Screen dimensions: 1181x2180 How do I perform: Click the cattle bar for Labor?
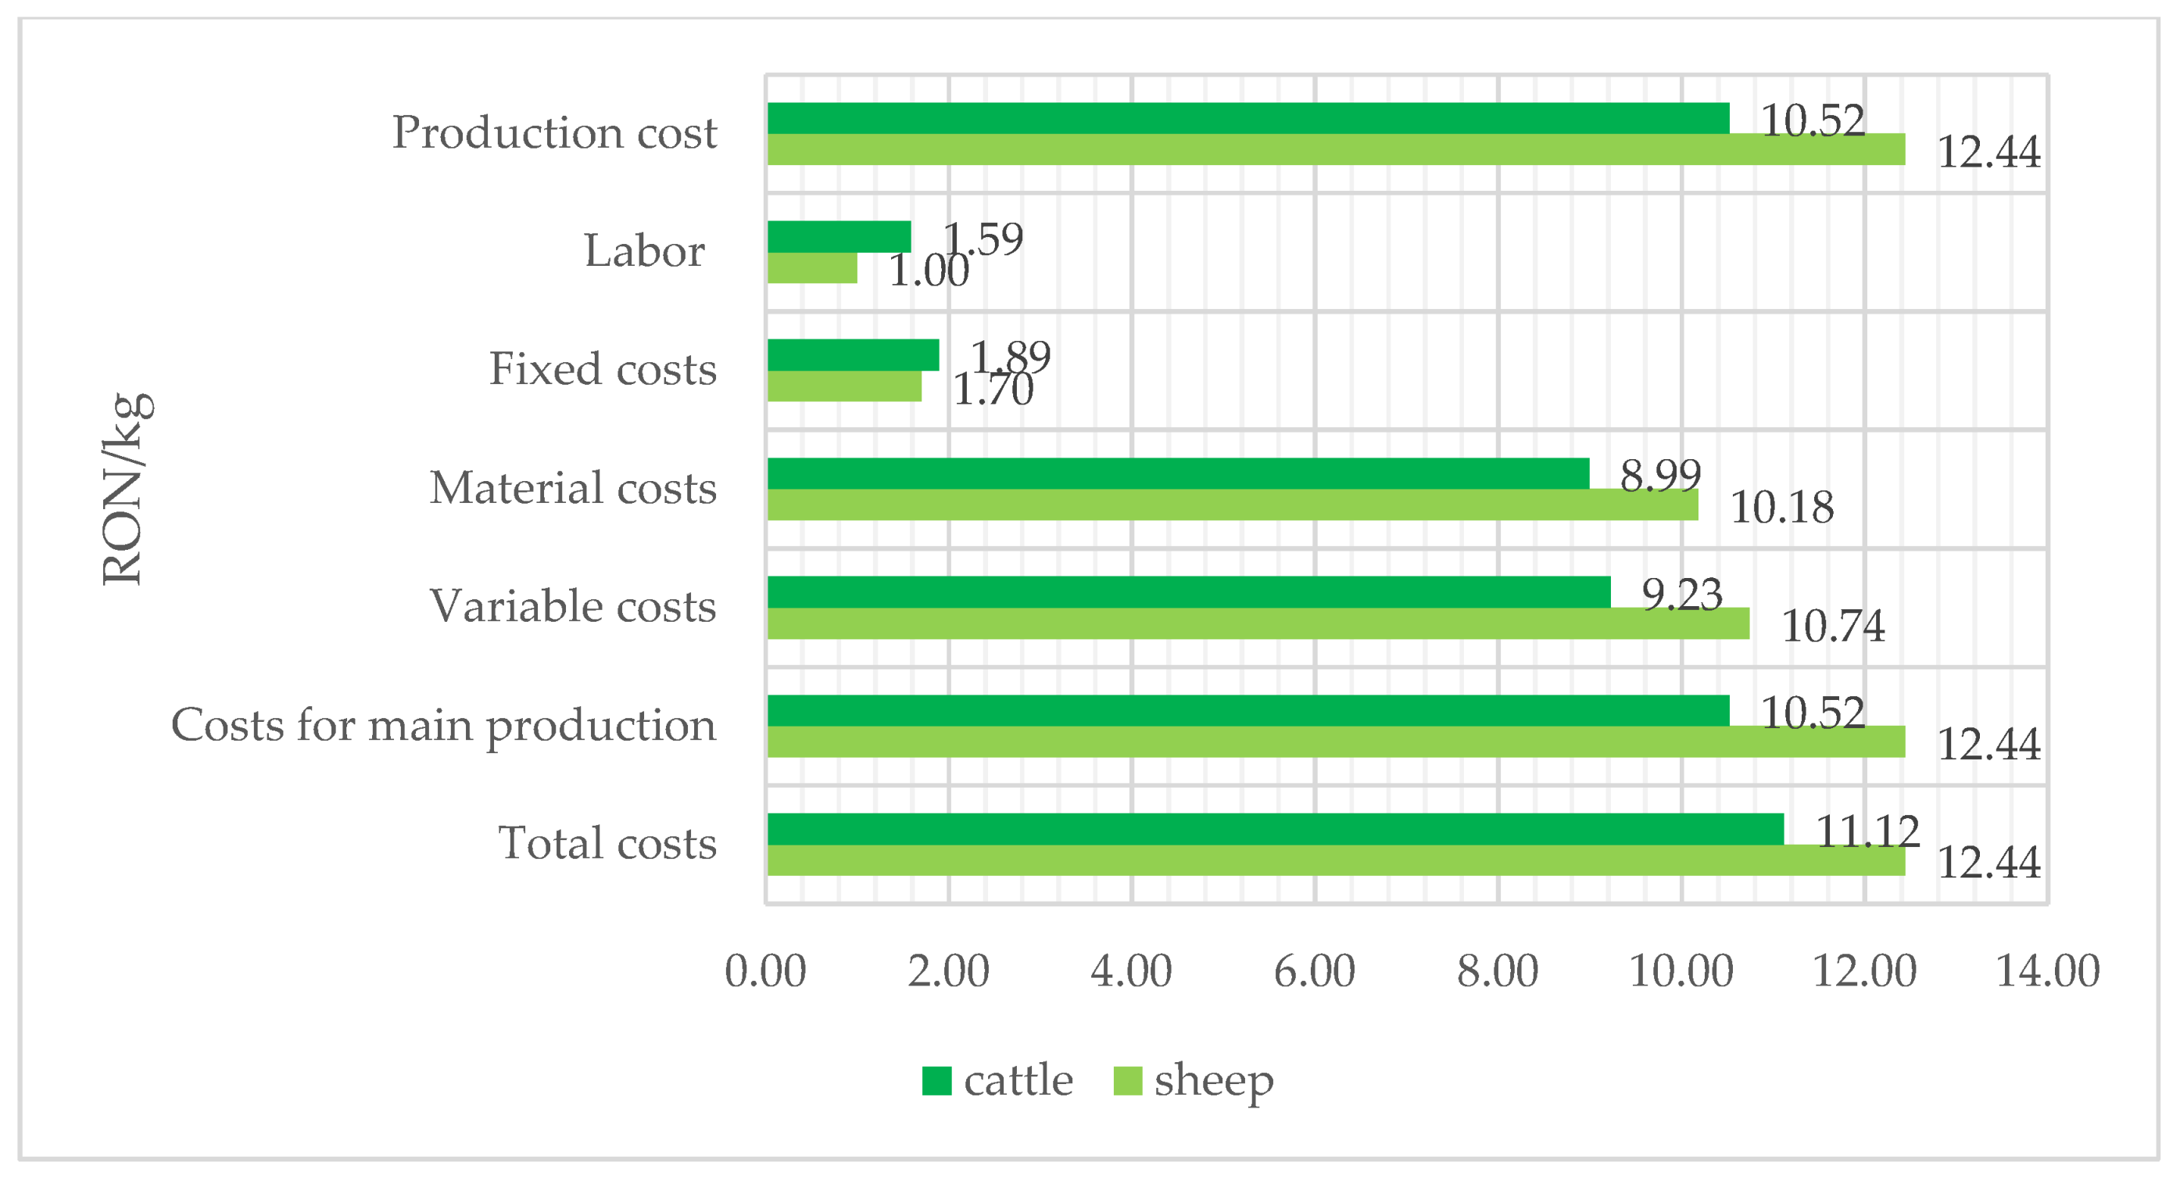[x=839, y=236]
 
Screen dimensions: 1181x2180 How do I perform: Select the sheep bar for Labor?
[x=811, y=267]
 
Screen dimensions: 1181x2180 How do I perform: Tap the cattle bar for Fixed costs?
[x=852, y=355]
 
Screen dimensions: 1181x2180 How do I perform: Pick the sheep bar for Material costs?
[x=1232, y=504]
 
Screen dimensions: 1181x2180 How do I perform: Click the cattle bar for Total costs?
[x=1275, y=829]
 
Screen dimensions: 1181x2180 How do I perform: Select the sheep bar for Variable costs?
[x=1258, y=623]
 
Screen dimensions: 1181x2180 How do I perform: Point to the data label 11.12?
[x=1867, y=831]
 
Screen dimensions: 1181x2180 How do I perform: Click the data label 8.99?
[x=1659, y=475]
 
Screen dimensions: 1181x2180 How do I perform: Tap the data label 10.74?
[x=1832, y=626]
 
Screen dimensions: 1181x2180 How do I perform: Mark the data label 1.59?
[x=983, y=239]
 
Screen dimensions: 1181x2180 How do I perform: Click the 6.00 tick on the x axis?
[x=1314, y=971]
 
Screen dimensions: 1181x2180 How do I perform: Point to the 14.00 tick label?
[x=2046, y=971]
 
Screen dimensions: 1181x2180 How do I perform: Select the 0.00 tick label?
[x=765, y=971]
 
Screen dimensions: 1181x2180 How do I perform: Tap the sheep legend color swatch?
[x=1127, y=1081]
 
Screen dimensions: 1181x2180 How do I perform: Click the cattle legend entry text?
[x=1017, y=1081]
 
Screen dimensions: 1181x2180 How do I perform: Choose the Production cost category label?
[x=554, y=133]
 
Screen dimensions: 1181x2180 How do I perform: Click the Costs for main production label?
[x=443, y=726]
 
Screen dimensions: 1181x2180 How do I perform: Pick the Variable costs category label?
[x=573, y=606]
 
